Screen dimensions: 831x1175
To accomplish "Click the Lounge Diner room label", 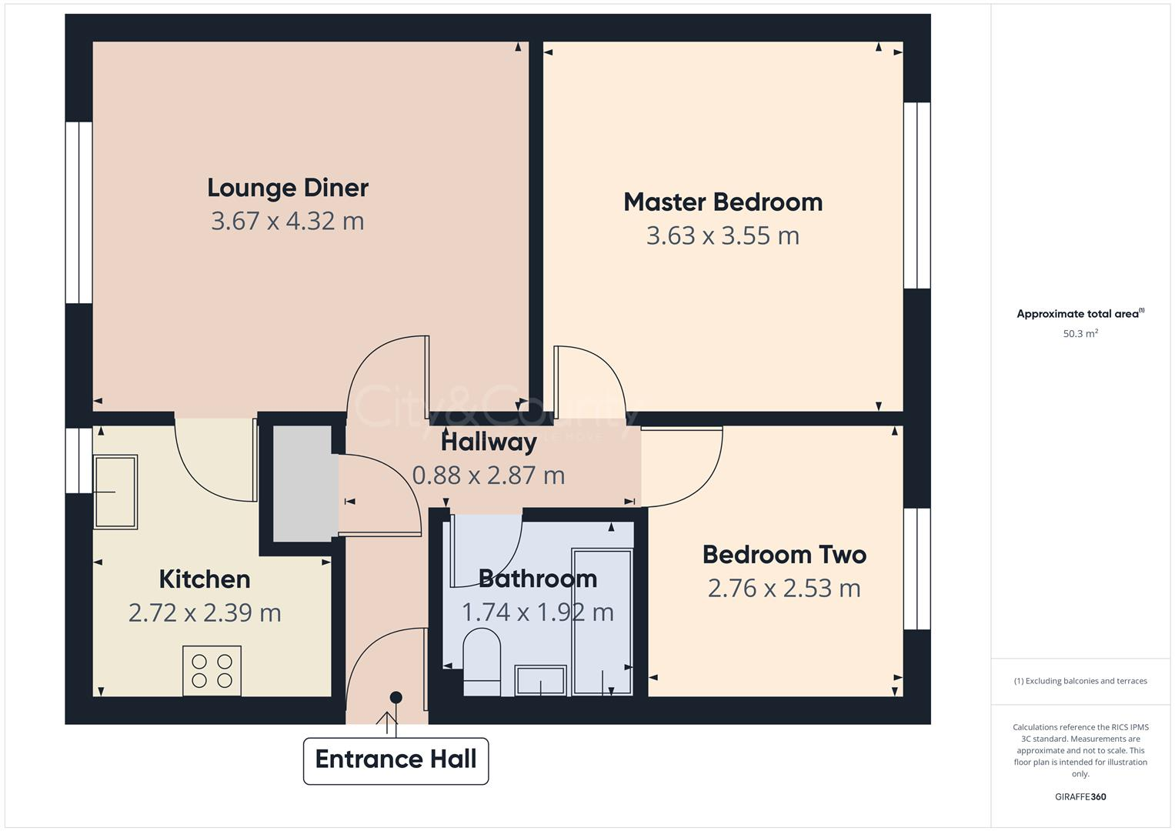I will click(288, 188).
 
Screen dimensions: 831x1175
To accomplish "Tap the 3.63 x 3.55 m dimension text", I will click(723, 235).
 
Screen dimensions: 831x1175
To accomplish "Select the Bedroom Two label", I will click(784, 555).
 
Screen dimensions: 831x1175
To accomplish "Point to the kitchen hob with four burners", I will click(212, 670).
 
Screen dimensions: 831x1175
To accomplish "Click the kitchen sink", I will click(115, 492).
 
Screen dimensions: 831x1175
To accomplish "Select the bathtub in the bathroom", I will click(603, 621).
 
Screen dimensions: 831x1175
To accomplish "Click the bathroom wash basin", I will click(541, 680).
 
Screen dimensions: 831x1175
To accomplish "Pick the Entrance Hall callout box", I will click(396, 760).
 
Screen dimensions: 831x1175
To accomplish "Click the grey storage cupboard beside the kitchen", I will click(302, 483).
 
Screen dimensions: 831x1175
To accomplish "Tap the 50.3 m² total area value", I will click(1080, 334).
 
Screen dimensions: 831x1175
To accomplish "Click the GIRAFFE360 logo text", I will click(1080, 796).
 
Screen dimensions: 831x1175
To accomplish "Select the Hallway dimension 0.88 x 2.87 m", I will click(489, 476).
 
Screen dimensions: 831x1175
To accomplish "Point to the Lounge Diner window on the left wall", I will click(78, 212).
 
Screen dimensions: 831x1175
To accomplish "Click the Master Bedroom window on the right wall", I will click(916, 195).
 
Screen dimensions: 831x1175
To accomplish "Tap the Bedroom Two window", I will click(916, 569).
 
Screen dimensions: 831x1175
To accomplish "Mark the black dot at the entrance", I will click(396, 697).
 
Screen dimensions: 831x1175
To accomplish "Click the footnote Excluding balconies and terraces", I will click(1080, 681).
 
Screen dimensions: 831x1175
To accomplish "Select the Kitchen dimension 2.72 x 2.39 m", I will click(205, 613).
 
